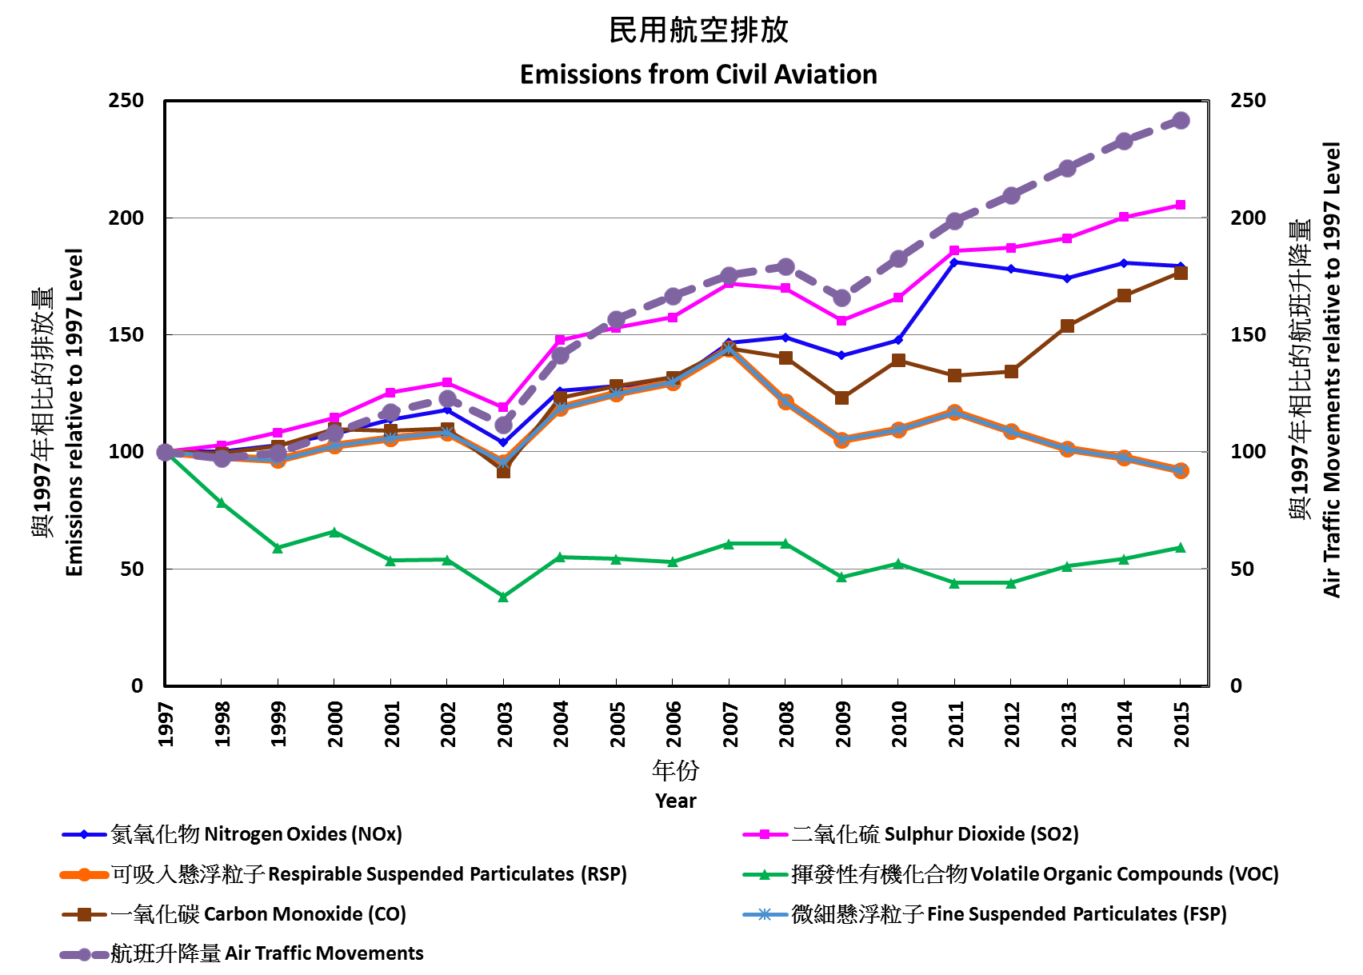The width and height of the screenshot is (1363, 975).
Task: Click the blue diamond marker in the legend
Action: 84,834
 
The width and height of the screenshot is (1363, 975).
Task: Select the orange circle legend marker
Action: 84,874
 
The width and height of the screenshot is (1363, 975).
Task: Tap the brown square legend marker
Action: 84,914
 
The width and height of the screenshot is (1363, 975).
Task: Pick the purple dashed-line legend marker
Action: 84,954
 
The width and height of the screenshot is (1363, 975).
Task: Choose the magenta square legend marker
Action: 765,834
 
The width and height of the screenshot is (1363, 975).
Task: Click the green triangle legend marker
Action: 765,874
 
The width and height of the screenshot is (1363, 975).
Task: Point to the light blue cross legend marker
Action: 765,914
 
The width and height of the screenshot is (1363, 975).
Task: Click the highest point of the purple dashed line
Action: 1181,121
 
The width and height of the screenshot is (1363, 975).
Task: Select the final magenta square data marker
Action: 1181,205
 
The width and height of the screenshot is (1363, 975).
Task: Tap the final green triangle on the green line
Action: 1181,547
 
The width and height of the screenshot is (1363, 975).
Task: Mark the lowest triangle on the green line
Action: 503,597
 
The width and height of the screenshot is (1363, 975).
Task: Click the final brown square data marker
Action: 1181,273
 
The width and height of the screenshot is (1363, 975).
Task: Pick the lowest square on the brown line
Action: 503,472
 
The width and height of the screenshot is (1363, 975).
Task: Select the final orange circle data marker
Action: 1181,470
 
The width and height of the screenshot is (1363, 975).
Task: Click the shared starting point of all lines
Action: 165,452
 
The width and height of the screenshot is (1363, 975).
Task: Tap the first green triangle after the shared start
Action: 222,502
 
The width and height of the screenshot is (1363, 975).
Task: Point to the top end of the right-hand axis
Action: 1207,101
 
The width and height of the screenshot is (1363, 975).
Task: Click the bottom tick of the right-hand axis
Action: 1207,685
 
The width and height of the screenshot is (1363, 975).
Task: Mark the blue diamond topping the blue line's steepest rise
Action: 954,262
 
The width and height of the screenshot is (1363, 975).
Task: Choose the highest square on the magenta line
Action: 1181,205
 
